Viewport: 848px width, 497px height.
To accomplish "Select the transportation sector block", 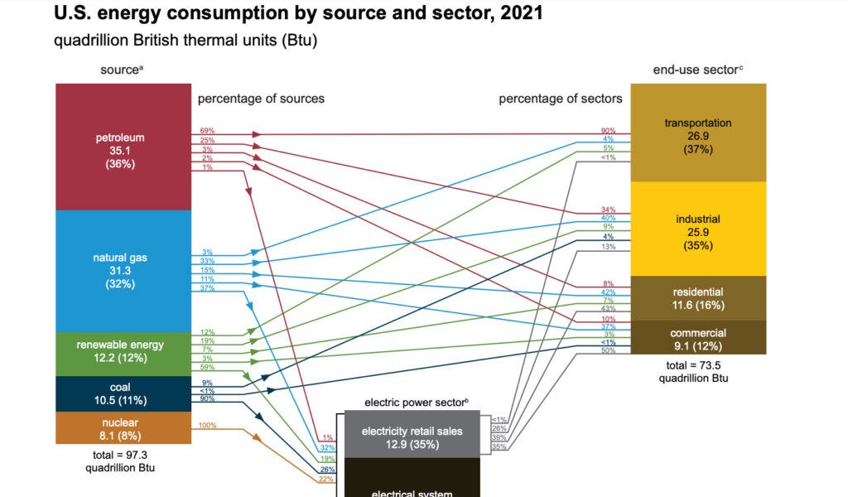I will [x=698, y=135].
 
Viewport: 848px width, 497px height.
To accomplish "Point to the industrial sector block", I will [x=698, y=231].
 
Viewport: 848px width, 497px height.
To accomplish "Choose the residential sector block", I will [x=698, y=298].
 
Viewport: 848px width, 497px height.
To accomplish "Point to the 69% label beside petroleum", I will [x=207, y=132].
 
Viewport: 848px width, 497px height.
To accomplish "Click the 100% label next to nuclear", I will [x=207, y=426].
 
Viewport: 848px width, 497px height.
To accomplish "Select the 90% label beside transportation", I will [x=608, y=131].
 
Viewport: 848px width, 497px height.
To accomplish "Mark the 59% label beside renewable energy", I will [x=207, y=367].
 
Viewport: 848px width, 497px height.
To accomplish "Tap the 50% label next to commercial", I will [x=608, y=351].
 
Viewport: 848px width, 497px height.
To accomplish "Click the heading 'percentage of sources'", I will [x=261, y=99].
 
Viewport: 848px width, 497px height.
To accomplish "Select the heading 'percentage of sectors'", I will [x=560, y=99].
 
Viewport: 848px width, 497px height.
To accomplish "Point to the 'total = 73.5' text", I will [x=698, y=364].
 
